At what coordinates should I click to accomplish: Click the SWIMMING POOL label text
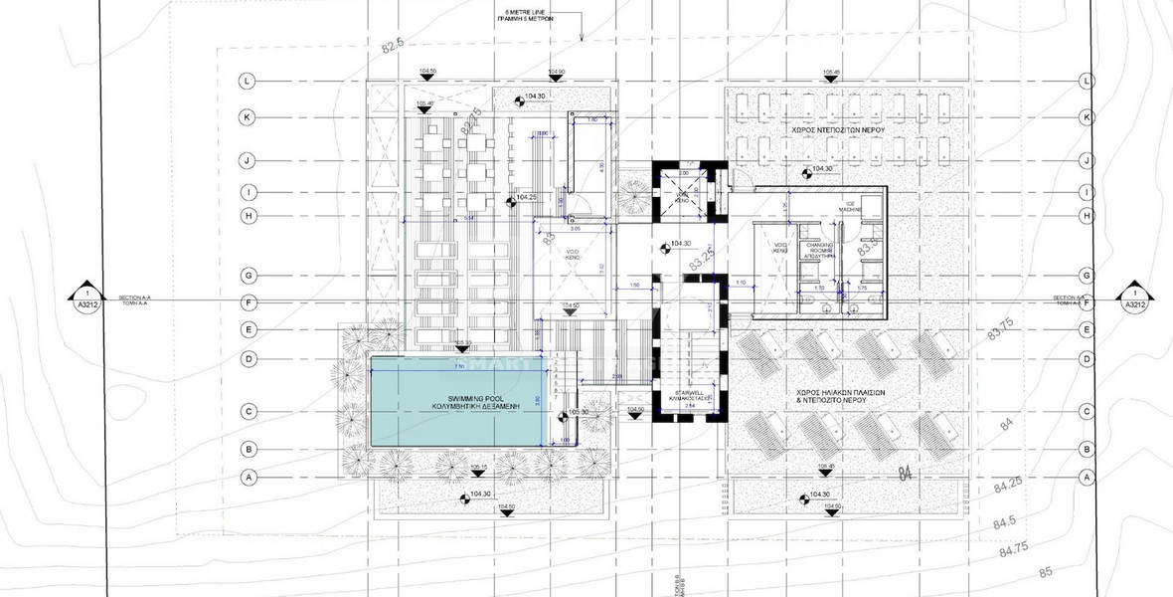pyautogui.click(x=456, y=403)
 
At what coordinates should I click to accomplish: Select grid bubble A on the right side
pyautogui.click(x=1088, y=478)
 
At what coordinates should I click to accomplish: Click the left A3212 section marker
pyautogui.click(x=87, y=299)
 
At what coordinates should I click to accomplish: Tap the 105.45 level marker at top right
pyautogui.click(x=832, y=74)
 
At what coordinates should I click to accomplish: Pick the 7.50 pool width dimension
pyautogui.click(x=459, y=367)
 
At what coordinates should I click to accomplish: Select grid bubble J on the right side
pyautogui.click(x=1088, y=159)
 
